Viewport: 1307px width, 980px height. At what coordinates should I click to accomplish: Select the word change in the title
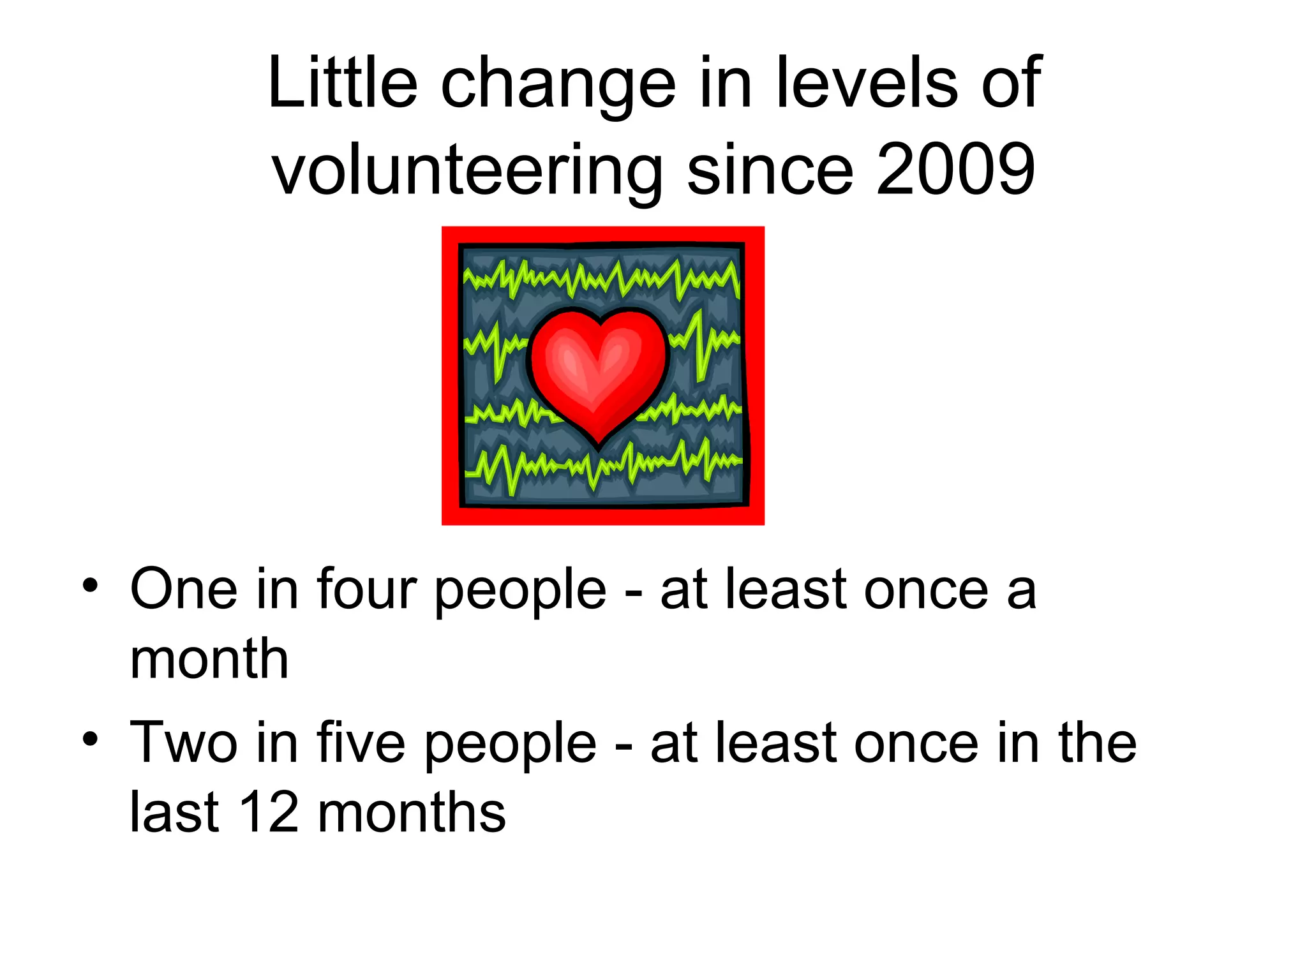[x=558, y=86]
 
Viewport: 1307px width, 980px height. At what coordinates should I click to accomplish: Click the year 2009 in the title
[x=955, y=170]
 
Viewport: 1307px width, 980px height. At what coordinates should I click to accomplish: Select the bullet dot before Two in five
[x=90, y=739]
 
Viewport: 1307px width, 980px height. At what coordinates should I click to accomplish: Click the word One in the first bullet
[x=184, y=589]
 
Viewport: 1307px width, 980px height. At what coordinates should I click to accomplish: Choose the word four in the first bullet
[x=366, y=589]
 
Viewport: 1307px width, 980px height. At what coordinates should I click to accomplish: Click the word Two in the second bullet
[x=184, y=743]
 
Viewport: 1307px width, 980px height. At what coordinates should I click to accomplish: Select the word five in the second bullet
[x=361, y=743]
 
